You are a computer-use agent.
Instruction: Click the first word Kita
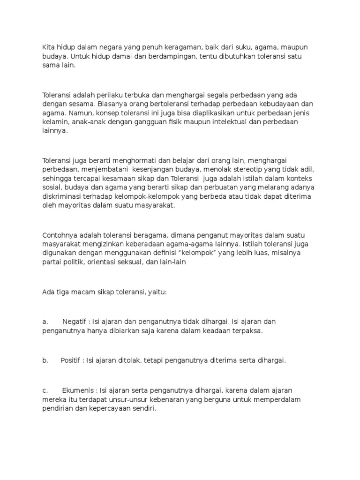point(48,47)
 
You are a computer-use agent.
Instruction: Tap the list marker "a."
point(45,322)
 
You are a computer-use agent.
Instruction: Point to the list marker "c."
point(45,390)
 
